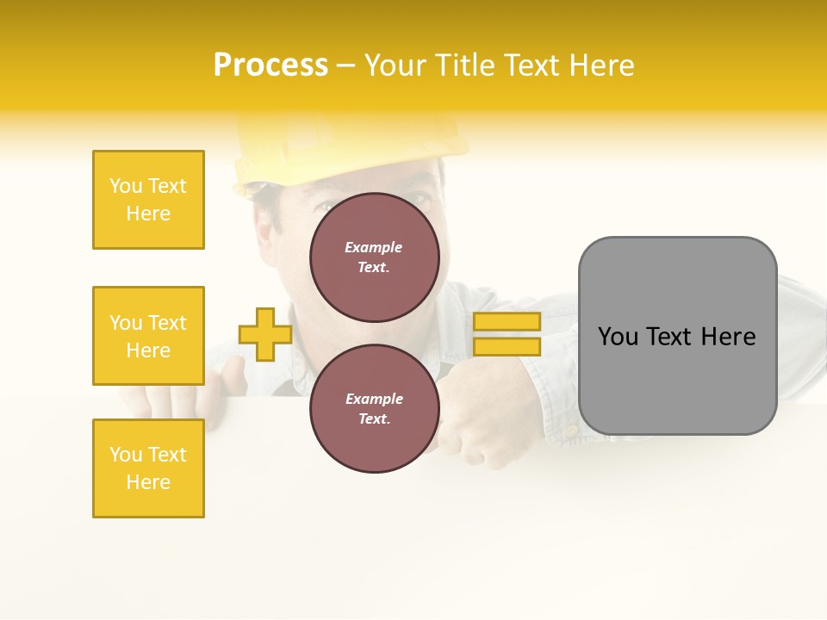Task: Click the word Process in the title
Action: coord(270,65)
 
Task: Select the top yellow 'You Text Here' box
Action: coord(148,200)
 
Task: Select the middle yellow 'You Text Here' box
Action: coord(148,336)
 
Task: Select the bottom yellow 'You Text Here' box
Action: coord(148,468)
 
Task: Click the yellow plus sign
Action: coord(265,334)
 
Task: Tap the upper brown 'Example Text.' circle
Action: coord(374,257)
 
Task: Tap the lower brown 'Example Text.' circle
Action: coord(374,408)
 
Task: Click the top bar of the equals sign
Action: coord(507,322)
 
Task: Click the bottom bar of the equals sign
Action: coord(507,347)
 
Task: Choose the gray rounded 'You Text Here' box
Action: coord(677,336)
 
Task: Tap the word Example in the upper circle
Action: coord(374,248)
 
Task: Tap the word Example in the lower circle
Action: coord(374,399)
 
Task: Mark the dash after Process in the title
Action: coord(345,66)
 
